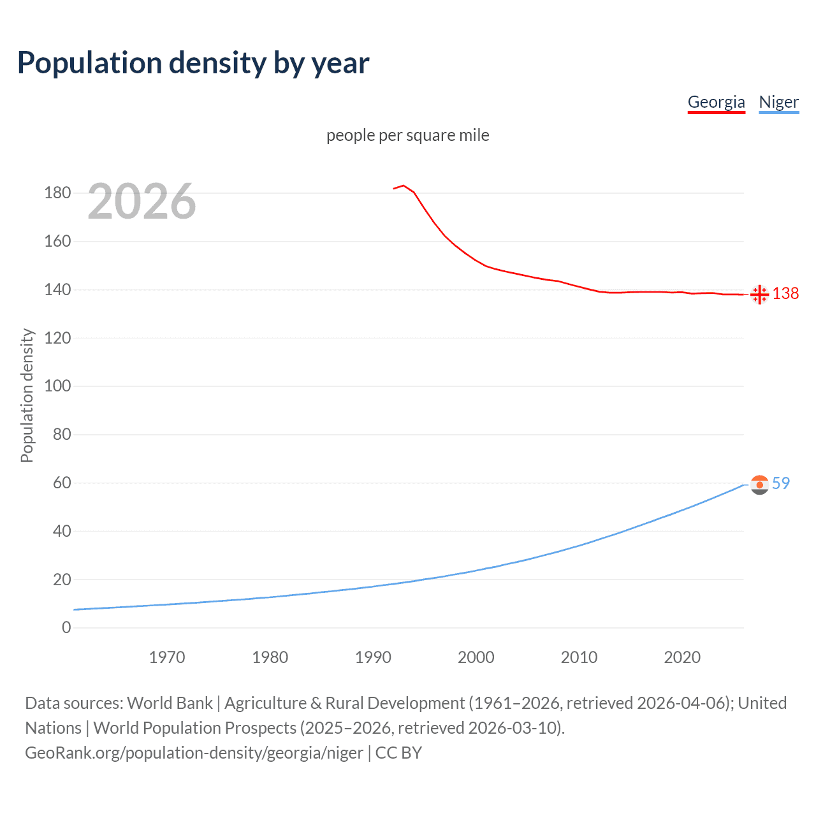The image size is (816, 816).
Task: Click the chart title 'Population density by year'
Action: [x=193, y=63]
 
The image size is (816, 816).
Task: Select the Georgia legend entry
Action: [x=716, y=102]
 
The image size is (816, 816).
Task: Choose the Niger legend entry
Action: [x=778, y=102]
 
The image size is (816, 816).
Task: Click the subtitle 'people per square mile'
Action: [x=407, y=135]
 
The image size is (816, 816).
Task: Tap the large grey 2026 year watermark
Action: [x=142, y=201]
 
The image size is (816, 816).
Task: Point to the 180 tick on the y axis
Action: [x=57, y=193]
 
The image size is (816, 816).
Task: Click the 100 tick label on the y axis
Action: [x=57, y=386]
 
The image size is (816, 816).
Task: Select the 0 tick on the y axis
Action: [x=66, y=628]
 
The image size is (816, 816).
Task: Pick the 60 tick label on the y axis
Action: [x=62, y=483]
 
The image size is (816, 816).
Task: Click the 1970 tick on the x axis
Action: [x=167, y=657]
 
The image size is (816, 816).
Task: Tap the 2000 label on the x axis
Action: [x=476, y=657]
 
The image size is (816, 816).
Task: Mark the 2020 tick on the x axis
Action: [x=682, y=657]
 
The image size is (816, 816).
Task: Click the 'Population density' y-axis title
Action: [x=27, y=395]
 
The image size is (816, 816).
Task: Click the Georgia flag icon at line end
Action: [x=759, y=295]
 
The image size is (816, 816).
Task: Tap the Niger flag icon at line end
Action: [x=759, y=485]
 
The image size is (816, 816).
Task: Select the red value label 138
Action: [x=785, y=293]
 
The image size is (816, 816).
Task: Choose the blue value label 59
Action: [x=781, y=484]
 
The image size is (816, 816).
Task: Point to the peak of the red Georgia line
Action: [x=404, y=186]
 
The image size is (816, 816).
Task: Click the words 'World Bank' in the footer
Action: [x=170, y=703]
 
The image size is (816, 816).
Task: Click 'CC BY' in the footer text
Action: [x=398, y=753]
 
